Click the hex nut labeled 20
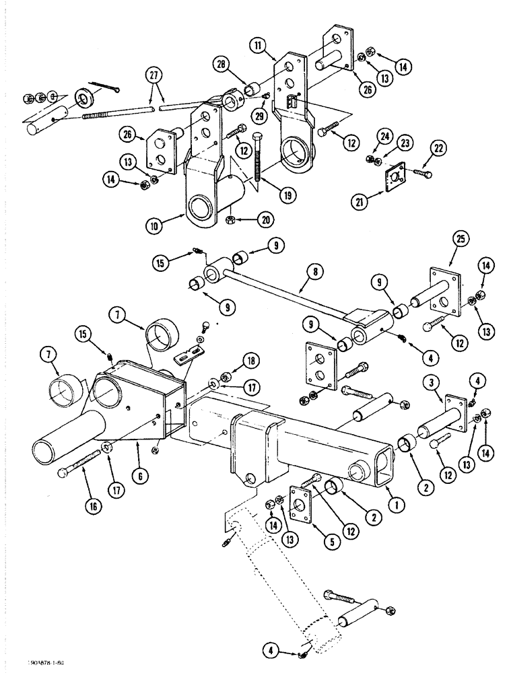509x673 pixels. coord(230,220)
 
